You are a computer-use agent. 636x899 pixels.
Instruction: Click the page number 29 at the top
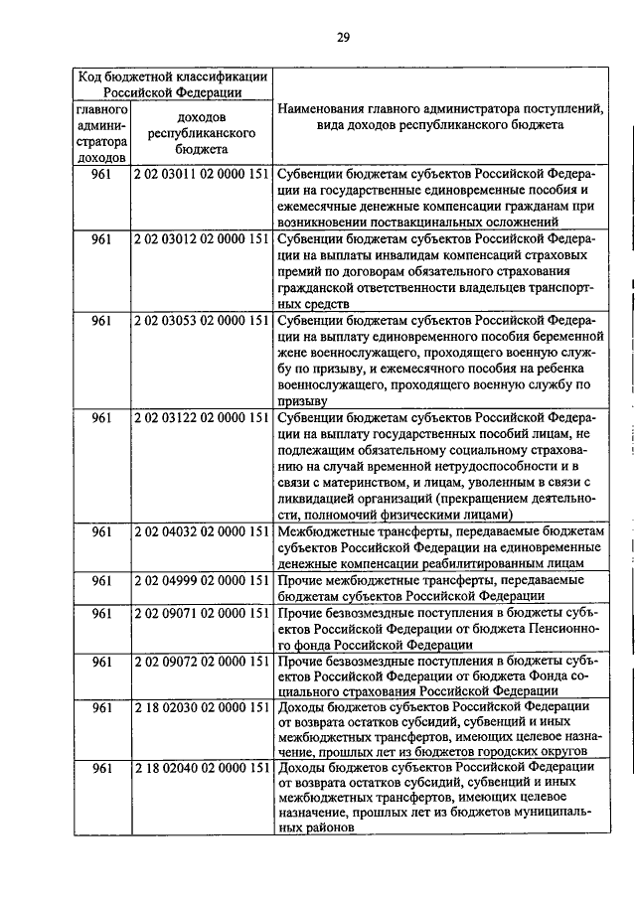pos(342,38)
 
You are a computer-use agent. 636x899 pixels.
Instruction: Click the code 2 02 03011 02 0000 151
pos(202,172)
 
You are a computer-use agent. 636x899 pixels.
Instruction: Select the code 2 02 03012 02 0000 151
pos(202,239)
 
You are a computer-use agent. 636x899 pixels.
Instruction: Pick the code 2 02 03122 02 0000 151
pos(202,418)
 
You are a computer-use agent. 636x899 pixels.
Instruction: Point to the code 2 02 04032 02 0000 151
pos(202,531)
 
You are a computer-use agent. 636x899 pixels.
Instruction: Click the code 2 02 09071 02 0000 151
pos(202,613)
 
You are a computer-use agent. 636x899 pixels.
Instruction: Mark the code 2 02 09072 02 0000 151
pos(202,661)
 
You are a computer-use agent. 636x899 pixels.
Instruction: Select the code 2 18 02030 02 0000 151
pos(202,706)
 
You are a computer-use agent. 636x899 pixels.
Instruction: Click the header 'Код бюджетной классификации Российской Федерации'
pos(174,83)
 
